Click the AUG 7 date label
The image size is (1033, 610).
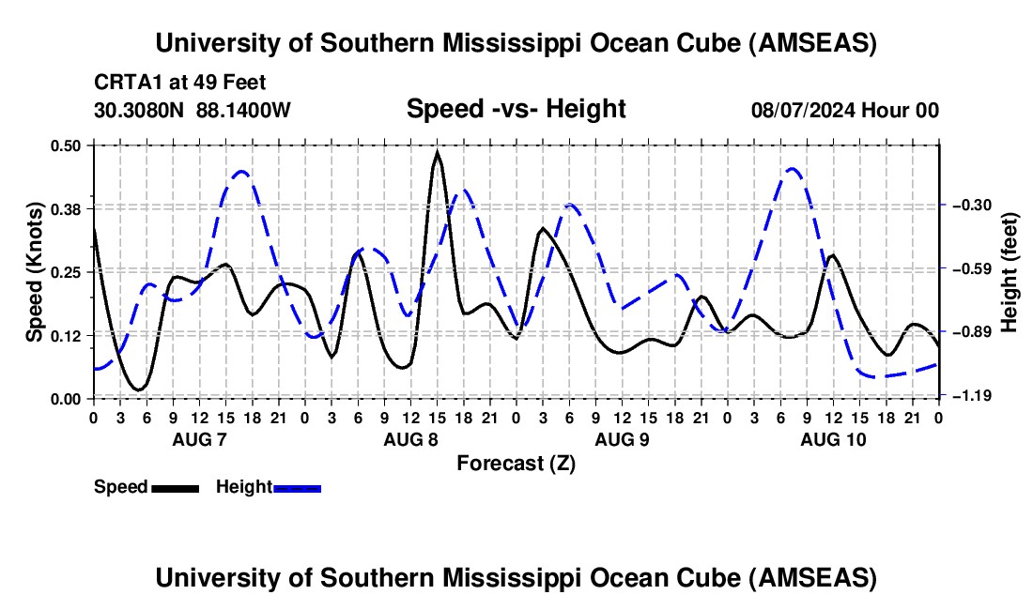click(198, 438)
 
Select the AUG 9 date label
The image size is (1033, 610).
click(621, 438)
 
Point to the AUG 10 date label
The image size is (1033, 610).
click(832, 438)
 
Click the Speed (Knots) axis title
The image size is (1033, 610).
click(35, 272)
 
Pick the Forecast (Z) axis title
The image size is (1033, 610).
click(516, 463)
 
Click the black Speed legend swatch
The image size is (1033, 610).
click(175, 487)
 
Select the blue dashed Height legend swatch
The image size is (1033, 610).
click(298, 487)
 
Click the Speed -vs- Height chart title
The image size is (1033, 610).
click(516, 109)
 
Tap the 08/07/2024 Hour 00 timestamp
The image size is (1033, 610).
click(844, 110)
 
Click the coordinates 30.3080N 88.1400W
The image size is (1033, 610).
click(193, 110)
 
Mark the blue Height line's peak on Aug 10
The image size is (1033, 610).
click(792, 169)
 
